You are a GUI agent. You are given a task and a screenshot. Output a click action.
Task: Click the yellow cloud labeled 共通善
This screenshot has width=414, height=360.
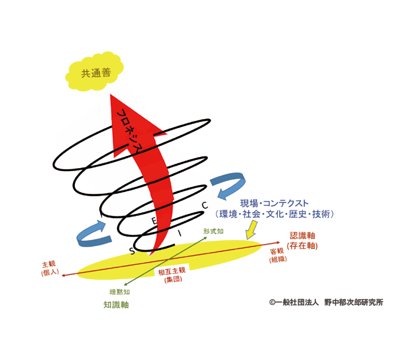point(94,72)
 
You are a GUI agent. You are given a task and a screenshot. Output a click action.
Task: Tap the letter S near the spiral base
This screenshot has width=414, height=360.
point(132,251)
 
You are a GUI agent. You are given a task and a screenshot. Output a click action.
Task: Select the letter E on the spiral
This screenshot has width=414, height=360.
point(154,220)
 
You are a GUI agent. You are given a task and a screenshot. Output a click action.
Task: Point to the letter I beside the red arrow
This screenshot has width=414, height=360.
point(180,233)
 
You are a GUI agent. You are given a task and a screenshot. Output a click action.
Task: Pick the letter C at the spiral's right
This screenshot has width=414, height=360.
point(205,205)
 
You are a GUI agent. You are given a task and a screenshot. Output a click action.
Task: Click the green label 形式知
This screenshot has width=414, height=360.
point(213,231)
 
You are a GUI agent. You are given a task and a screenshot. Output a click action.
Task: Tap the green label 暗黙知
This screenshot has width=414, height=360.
point(120,292)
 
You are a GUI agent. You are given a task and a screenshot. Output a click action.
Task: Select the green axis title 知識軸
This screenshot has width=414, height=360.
point(116,305)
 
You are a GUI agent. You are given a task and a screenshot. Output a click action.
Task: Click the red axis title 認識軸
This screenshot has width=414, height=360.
point(302,236)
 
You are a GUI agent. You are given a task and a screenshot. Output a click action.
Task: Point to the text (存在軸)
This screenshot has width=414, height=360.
point(302,246)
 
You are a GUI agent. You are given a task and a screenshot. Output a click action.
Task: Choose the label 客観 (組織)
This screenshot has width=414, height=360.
point(278,255)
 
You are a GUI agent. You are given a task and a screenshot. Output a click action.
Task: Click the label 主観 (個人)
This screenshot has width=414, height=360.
point(50,269)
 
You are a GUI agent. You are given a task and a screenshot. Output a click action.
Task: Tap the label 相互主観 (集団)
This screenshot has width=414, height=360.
point(172,275)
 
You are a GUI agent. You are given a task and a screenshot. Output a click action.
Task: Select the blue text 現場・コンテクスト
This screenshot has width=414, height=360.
point(274,203)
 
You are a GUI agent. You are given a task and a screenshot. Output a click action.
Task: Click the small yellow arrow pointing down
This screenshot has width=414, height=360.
point(251,230)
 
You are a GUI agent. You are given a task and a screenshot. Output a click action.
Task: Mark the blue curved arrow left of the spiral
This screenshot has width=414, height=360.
point(93,234)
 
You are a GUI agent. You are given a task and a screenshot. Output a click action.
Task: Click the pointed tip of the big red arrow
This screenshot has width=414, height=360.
point(110,94)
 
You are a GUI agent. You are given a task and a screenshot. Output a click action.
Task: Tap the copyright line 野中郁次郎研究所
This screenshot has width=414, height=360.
point(353,302)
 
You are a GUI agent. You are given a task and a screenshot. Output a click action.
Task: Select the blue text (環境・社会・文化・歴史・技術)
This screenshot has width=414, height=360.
point(275,214)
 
